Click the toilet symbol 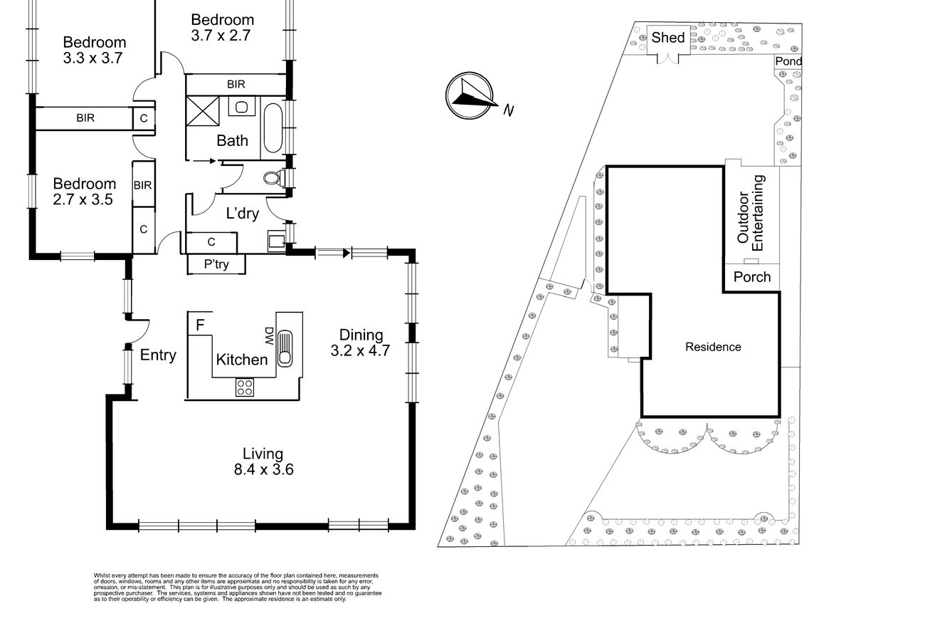(274, 178)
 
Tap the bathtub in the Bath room (273, 128)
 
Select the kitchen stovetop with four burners (245, 387)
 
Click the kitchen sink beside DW (285, 348)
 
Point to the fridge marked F (200, 324)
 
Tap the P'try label (216, 264)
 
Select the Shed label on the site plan (667, 38)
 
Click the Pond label (788, 61)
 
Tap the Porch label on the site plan (752, 277)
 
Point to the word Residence (713, 347)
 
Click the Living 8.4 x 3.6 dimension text (263, 462)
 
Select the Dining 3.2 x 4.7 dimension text (361, 343)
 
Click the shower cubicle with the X (203, 111)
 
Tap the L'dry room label (243, 213)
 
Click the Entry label (158, 355)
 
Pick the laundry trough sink (276, 241)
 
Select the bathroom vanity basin (241, 107)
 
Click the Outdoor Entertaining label (751, 212)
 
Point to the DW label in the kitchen (269, 336)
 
